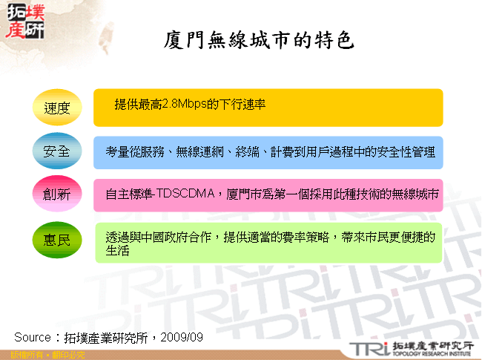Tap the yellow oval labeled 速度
pos(57,108)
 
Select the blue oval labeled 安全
pos(57,151)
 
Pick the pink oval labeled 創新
pos(57,194)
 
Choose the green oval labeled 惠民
pos(57,240)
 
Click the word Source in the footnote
pos(32,337)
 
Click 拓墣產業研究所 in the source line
pos(107,337)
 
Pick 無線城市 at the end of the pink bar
pos(415,194)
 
